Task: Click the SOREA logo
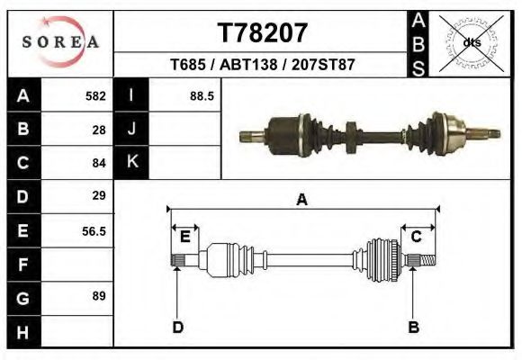click(60, 42)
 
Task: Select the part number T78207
click(264, 33)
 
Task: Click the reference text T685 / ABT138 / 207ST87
click(263, 66)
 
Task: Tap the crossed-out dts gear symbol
click(470, 42)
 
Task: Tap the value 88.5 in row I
click(201, 95)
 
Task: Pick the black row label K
click(131, 162)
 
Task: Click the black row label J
click(131, 129)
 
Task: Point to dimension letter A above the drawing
click(302, 200)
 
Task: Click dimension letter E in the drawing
click(184, 237)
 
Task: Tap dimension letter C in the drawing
click(417, 237)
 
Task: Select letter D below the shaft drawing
click(177, 327)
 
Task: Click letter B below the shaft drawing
click(413, 327)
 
